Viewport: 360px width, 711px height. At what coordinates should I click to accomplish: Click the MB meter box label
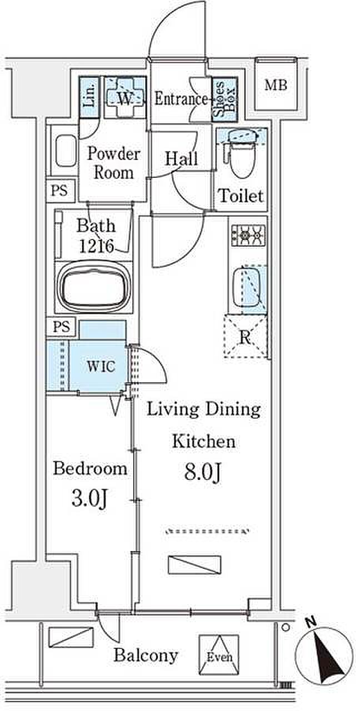click(x=276, y=85)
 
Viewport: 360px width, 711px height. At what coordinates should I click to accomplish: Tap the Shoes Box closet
click(x=224, y=99)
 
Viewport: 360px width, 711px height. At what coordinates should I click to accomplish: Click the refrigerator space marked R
click(x=245, y=336)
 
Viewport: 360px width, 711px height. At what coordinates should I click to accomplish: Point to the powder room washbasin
click(x=66, y=150)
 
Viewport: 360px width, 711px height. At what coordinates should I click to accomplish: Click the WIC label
click(x=101, y=367)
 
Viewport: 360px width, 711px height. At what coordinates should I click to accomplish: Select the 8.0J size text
click(x=202, y=472)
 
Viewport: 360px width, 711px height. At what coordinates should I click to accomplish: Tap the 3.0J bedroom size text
click(x=90, y=499)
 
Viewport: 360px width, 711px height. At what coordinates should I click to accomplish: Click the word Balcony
click(x=146, y=655)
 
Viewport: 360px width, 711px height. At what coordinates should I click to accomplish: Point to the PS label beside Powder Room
click(x=59, y=191)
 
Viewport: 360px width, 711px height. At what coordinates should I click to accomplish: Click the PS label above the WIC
click(x=61, y=327)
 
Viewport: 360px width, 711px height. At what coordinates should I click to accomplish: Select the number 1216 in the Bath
click(x=96, y=246)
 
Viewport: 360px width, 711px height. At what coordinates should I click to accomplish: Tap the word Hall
click(x=182, y=158)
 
